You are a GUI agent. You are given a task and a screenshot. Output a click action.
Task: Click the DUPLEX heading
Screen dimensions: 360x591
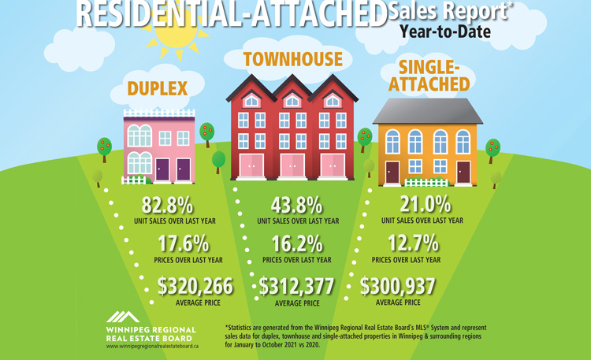[x=158, y=88]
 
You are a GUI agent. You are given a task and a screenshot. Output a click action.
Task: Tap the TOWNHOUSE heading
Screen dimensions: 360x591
[x=292, y=60]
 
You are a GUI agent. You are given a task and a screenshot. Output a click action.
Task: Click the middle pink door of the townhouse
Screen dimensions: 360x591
[x=292, y=165]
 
